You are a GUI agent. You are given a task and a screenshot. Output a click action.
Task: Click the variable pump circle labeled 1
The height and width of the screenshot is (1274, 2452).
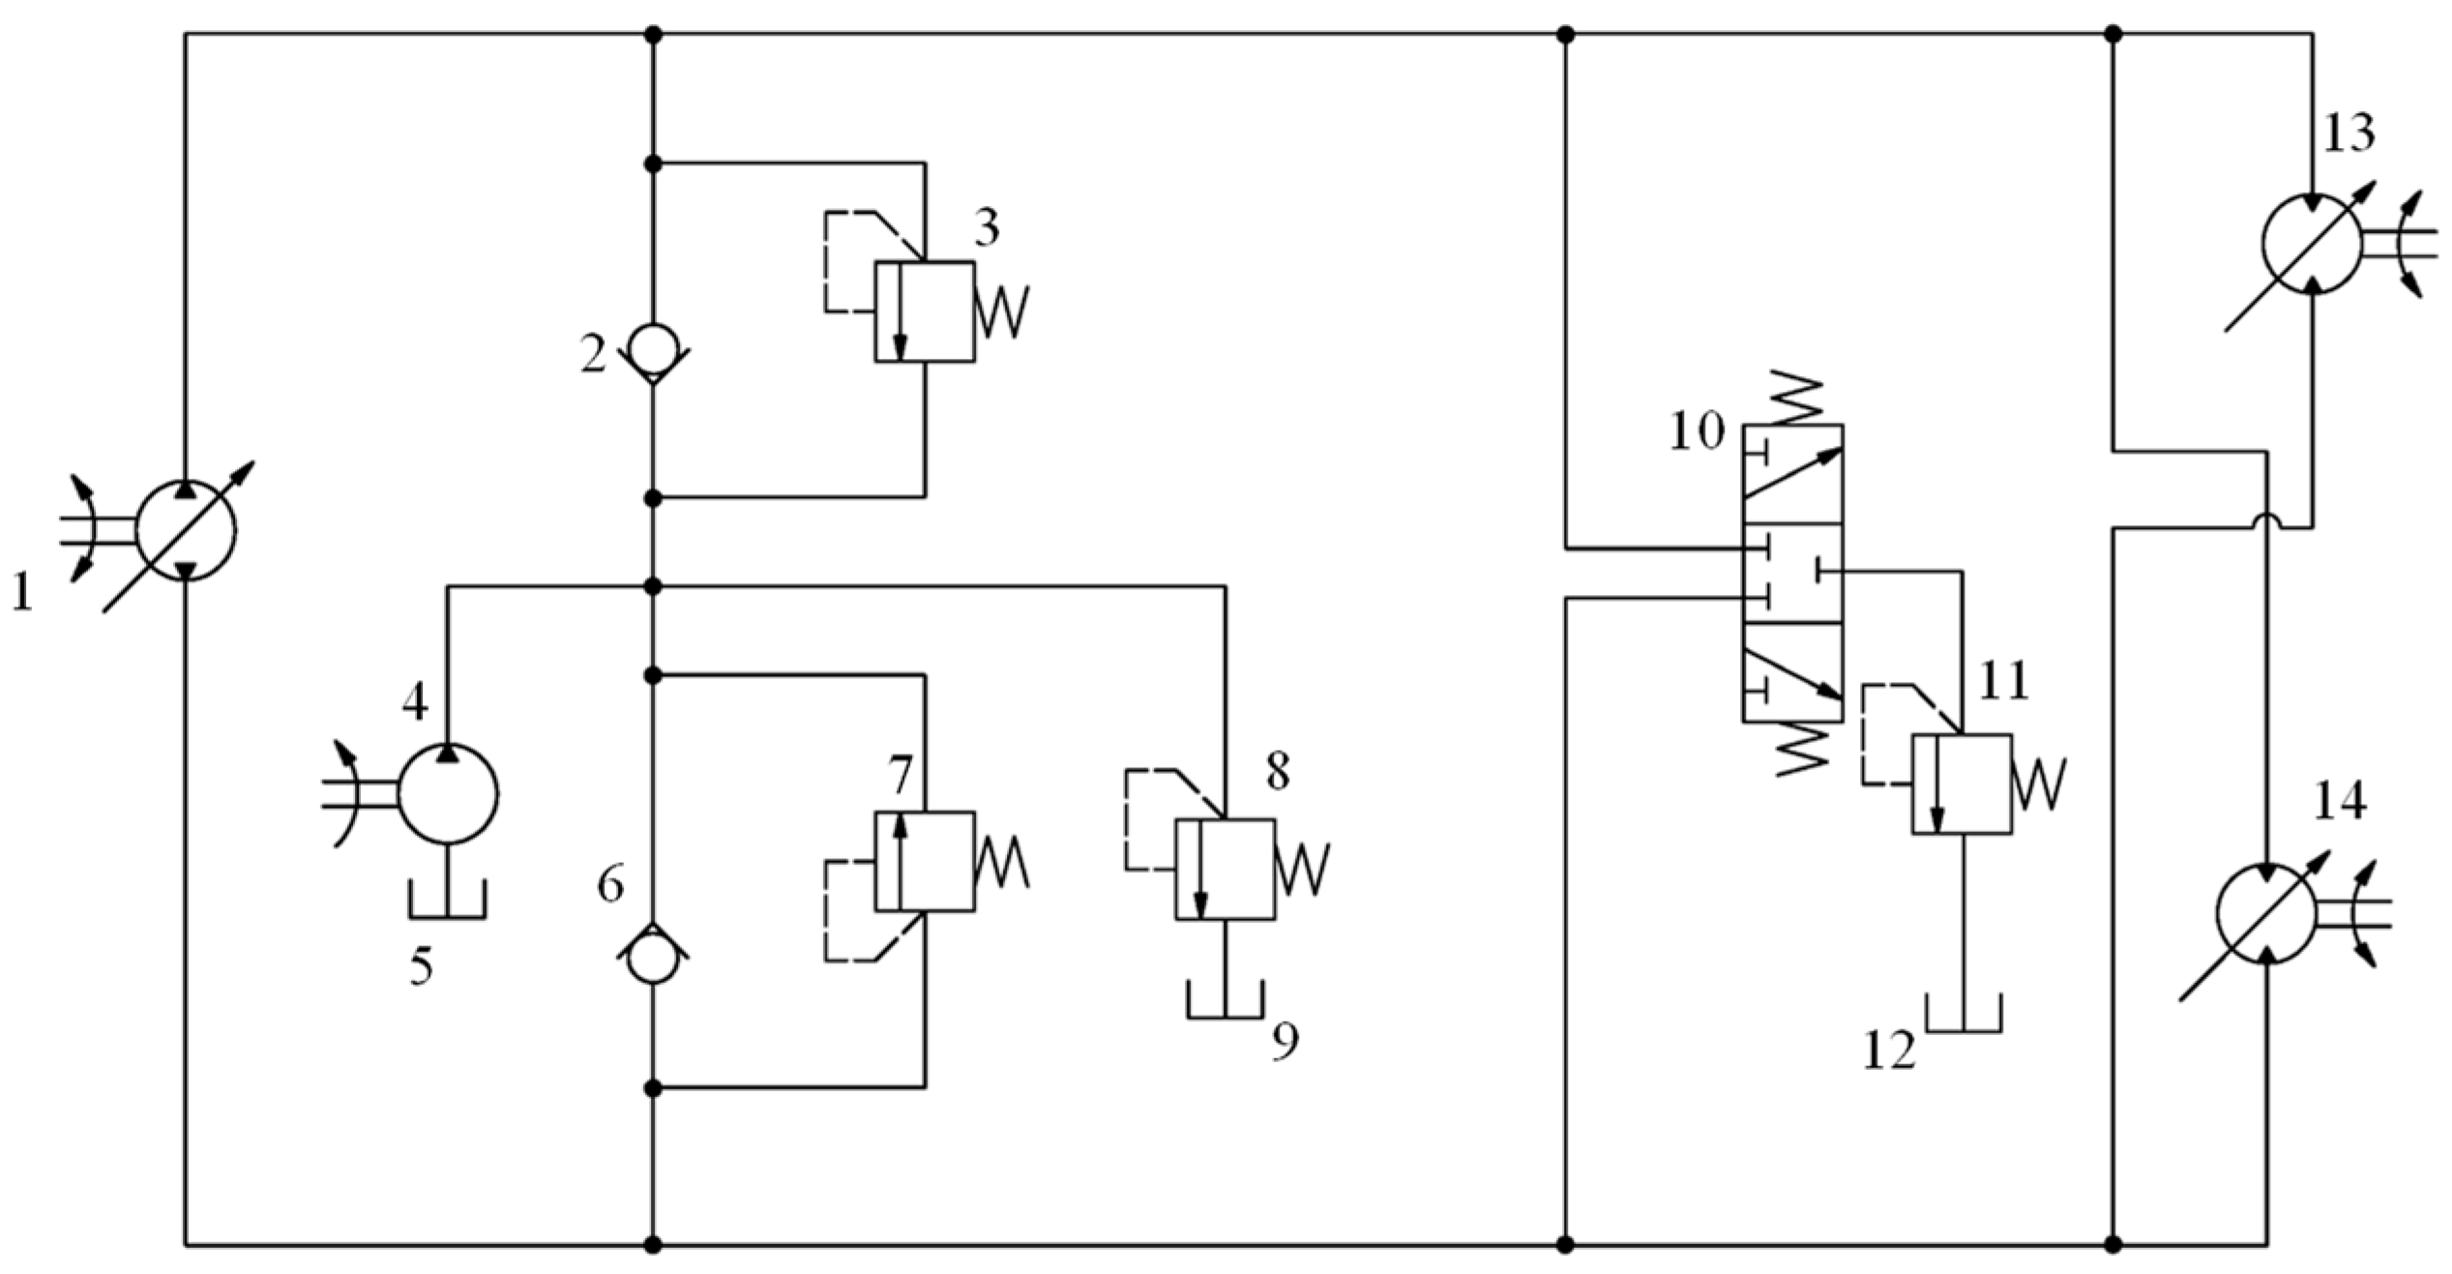186,529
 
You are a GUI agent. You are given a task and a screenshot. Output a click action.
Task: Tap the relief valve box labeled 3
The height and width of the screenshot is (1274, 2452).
925,311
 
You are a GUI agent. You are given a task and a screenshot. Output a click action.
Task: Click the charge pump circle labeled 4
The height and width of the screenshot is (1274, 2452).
448,794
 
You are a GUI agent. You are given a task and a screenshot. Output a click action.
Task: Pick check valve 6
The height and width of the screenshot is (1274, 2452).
653,954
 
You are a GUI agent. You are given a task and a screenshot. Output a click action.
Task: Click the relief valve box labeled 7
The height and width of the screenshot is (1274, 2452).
925,862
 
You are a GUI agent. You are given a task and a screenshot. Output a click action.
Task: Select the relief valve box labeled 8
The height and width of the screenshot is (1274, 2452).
1225,869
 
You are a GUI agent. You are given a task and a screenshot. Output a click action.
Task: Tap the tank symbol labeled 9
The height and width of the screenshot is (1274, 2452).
1225,1002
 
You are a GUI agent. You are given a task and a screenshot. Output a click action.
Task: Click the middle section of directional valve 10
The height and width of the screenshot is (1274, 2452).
1792,574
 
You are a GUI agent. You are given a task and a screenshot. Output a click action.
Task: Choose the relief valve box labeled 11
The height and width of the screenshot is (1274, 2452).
1962,785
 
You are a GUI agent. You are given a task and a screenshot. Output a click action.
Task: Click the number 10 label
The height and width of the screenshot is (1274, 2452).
1697,431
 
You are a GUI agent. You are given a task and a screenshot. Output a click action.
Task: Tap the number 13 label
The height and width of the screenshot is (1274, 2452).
2349,133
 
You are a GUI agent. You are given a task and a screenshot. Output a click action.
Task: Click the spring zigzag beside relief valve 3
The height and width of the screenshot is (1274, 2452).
1002,311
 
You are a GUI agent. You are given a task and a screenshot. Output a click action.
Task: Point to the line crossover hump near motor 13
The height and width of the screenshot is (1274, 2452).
2266,523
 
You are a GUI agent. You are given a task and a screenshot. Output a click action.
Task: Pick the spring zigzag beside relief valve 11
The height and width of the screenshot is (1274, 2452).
2039,785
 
